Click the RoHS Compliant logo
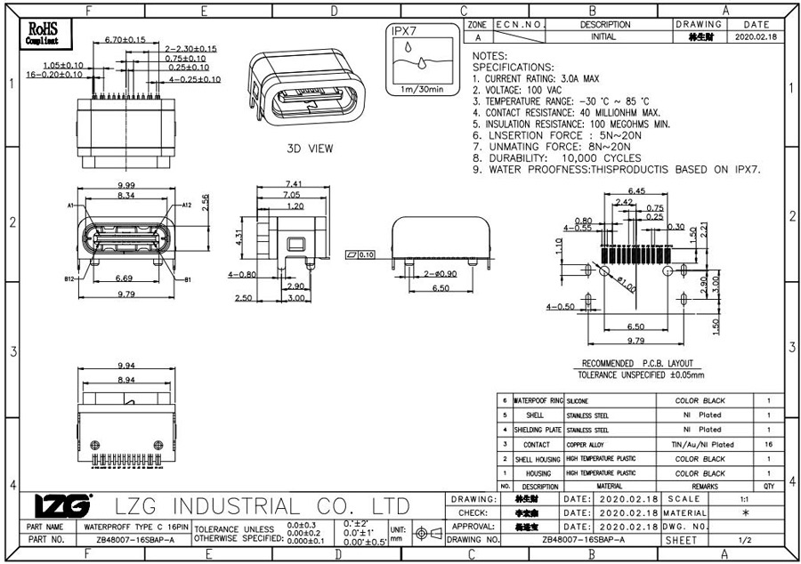[x=42, y=34]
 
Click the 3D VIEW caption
[x=310, y=149]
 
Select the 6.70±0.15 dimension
[x=125, y=40]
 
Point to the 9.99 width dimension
[x=125, y=184]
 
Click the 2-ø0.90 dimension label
[x=441, y=273]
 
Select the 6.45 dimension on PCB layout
[x=636, y=191]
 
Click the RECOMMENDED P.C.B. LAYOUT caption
[x=636, y=363]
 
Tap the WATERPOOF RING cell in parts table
[x=538, y=401]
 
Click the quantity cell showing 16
[x=768, y=444]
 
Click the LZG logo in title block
[x=62, y=506]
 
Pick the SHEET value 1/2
[x=744, y=539]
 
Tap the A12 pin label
[x=187, y=205]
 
